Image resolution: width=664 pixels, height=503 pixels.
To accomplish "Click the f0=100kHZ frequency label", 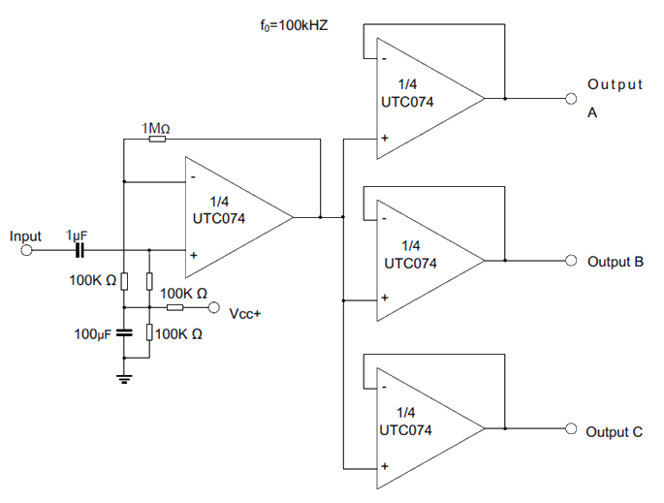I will click(x=289, y=25).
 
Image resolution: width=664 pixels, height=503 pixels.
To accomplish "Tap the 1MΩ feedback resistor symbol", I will click(x=157, y=140).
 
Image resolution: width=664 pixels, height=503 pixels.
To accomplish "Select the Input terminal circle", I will click(x=27, y=250).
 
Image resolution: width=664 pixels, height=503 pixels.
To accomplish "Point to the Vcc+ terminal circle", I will click(x=213, y=308).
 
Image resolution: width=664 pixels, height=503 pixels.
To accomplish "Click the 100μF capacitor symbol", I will click(x=124, y=333).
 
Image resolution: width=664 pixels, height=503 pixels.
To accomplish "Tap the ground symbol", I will click(x=124, y=378).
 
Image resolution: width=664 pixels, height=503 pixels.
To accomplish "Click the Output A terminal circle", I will click(x=571, y=98).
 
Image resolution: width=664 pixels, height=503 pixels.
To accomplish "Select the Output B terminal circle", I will click(x=571, y=260).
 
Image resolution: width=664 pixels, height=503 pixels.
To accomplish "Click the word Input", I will click(x=26, y=236).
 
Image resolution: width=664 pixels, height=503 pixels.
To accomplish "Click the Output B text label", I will click(x=616, y=262).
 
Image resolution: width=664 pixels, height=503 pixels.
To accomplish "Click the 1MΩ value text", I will click(x=157, y=129).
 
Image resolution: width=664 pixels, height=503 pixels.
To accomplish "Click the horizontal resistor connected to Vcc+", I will click(x=174, y=308).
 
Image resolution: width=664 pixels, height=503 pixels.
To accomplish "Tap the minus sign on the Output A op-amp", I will click(x=385, y=59).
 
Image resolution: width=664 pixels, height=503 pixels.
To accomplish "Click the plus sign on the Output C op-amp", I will click(x=385, y=468).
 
